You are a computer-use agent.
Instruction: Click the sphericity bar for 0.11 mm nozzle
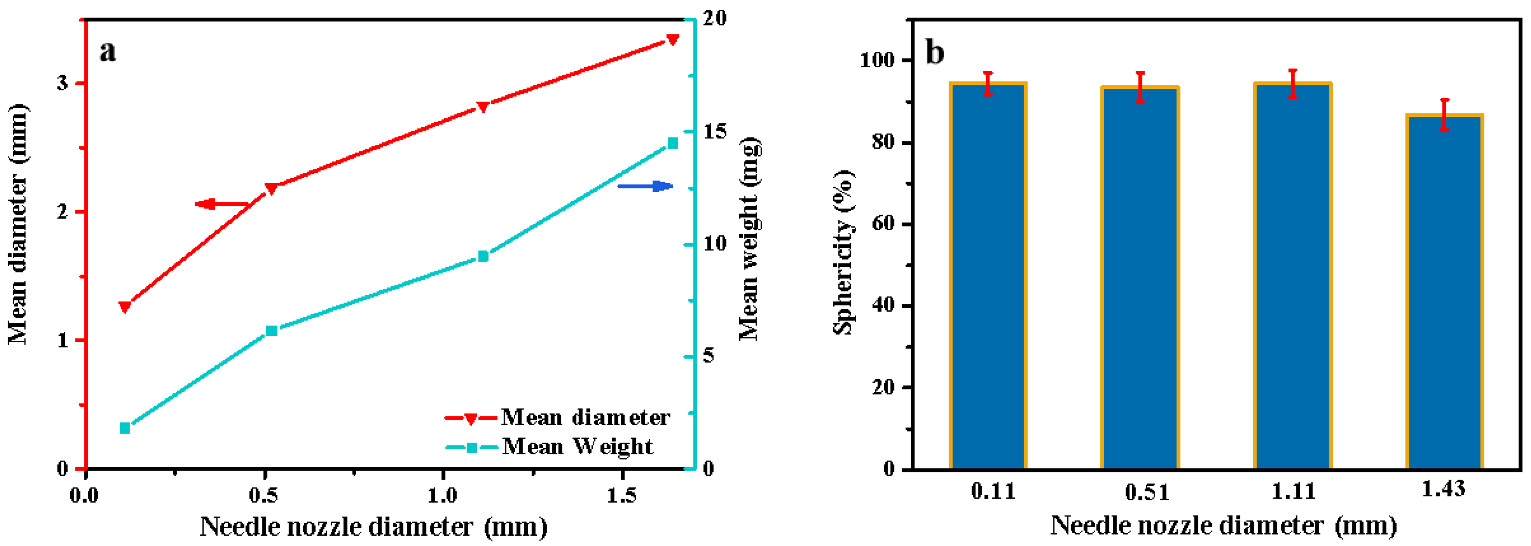coord(988,276)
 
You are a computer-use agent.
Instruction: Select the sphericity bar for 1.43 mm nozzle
coord(1444,292)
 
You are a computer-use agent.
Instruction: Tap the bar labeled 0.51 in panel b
coord(1140,278)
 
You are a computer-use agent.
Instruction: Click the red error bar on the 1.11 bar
coord(1292,83)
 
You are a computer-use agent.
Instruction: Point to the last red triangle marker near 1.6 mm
coord(673,39)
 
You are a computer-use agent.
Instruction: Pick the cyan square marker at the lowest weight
coord(125,428)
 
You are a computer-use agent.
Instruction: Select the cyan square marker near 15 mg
coord(673,143)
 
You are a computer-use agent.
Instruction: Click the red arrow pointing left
coord(221,205)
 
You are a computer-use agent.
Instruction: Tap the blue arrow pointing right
coord(645,186)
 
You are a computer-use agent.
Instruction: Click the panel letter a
coord(107,51)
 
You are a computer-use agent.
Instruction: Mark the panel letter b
coord(935,53)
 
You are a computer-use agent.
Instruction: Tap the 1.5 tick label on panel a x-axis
coord(621,495)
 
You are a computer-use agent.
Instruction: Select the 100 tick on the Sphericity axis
coord(877,61)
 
